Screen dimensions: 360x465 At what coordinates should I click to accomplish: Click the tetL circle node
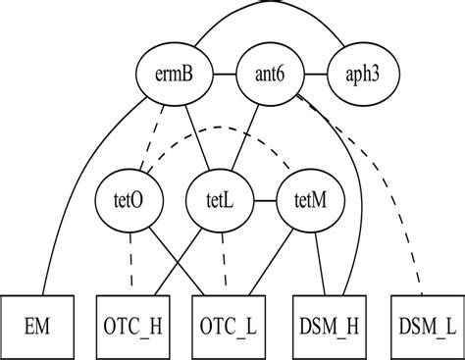(213, 201)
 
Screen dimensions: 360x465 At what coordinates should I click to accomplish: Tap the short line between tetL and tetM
(256, 201)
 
